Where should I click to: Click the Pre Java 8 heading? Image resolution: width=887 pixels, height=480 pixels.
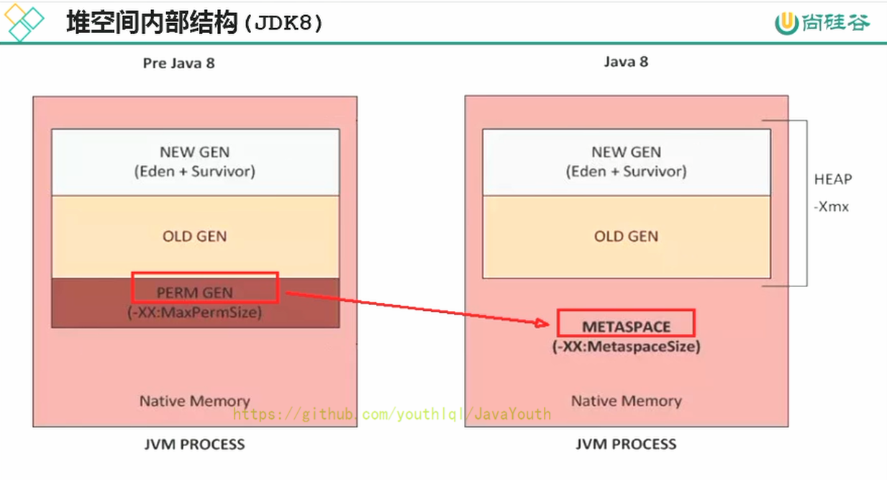pyautogui.click(x=178, y=63)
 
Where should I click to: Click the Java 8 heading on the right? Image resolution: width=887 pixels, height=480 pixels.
pyautogui.click(x=626, y=62)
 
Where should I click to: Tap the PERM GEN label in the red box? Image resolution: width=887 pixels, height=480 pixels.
pyautogui.click(x=194, y=293)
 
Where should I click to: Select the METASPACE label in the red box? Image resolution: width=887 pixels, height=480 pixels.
pyautogui.click(x=626, y=326)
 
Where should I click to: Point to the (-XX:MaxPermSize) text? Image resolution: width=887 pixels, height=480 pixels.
pyautogui.click(x=195, y=313)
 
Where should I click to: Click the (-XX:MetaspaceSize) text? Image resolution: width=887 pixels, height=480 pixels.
pyautogui.click(x=626, y=346)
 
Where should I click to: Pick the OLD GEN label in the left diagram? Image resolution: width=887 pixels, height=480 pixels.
pyautogui.click(x=194, y=236)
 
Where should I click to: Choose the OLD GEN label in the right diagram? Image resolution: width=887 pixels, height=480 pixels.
pyautogui.click(x=626, y=236)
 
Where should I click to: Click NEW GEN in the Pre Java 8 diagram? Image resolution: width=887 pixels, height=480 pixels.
pyautogui.click(x=194, y=152)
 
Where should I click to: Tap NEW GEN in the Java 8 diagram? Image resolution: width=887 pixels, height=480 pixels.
pyautogui.click(x=626, y=152)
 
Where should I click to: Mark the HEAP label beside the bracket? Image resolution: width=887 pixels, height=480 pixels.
pyautogui.click(x=833, y=179)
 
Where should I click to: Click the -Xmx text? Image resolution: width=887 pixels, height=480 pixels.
pyautogui.click(x=832, y=207)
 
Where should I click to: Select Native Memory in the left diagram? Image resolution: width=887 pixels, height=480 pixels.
pyautogui.click(x=194, y=401)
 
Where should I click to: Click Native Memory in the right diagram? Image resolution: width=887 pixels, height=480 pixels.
pyautogui.click(x=626, y=401)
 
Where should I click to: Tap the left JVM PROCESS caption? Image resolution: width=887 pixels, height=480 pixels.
pyautogui.click(x=194, y=444)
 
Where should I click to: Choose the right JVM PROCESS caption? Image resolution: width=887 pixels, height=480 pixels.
pyautogui.click(x=626, y=444)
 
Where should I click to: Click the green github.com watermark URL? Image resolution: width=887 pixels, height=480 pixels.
pyautogui.click(x=392, y=414)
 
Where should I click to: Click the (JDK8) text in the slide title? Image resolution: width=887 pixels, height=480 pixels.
pyautogui.click(x=283, y=23)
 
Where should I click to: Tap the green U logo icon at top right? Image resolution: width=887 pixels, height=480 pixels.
pyautogui.click(x=783, y=23)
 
